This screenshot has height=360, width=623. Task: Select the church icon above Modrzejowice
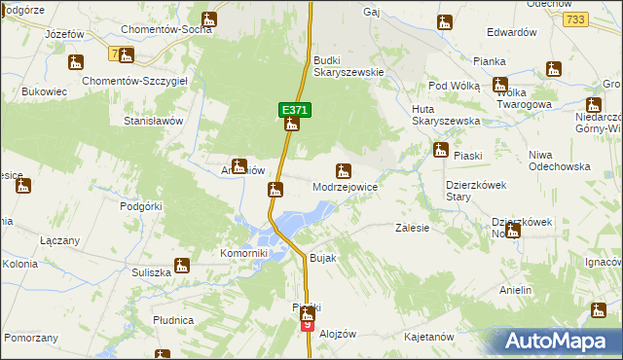(343, 171)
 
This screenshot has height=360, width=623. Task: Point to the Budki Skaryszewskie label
(348, 72)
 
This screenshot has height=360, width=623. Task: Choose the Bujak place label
(322, 258)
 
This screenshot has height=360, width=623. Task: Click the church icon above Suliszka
(182, 265)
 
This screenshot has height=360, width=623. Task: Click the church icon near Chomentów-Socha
(209, 19)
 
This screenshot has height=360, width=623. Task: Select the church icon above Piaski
(440, 150)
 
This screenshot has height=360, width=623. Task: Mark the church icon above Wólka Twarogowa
(499, 86)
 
